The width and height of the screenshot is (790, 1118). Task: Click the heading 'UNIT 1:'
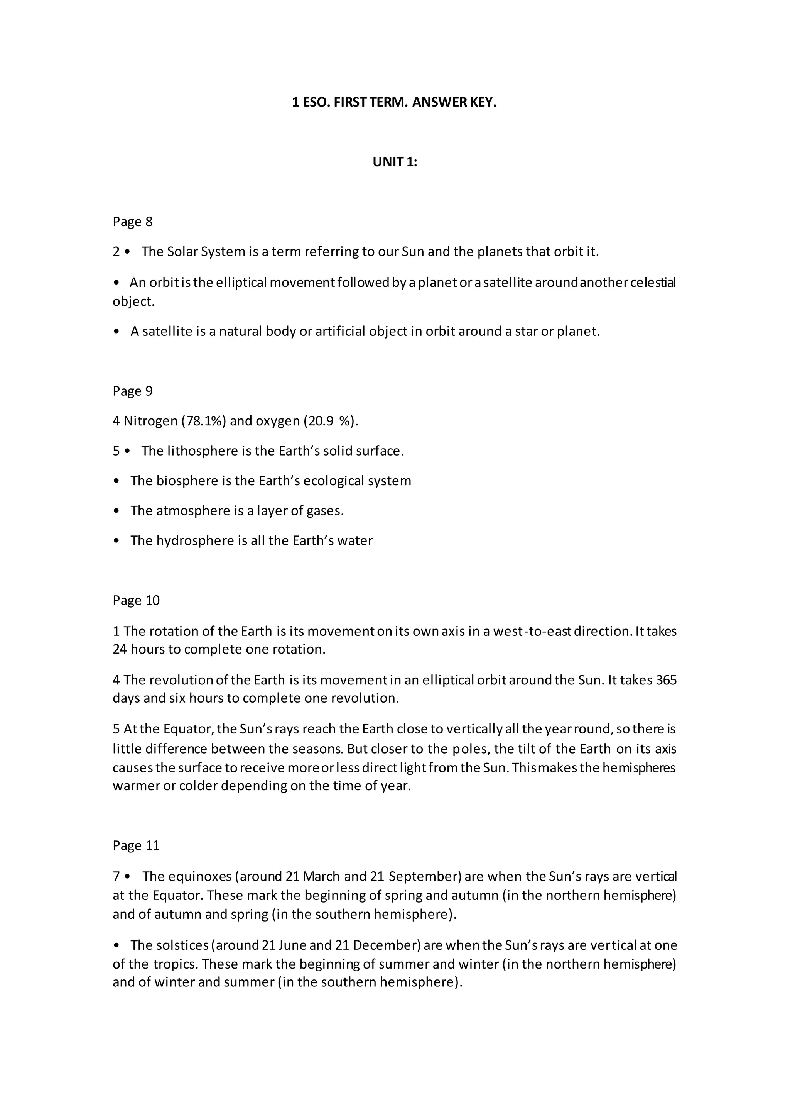[395, 162]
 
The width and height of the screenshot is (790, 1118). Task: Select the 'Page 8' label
[132, 222]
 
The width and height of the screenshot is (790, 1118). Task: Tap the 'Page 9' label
[132, 391]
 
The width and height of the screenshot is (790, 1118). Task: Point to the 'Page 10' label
[136, 600]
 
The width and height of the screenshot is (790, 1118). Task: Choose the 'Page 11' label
[136, 845]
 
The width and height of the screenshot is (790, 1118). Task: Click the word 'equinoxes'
[199, 876]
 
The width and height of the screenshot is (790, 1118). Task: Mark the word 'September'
[425, 876]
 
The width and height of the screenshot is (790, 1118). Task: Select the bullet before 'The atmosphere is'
[116, 511]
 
